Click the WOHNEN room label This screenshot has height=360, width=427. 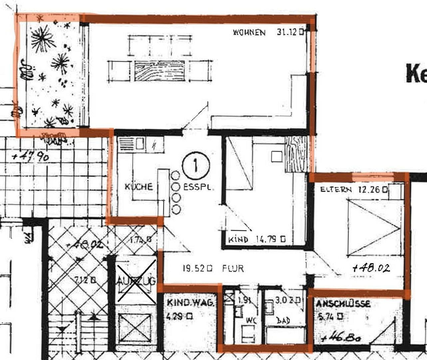point(249,32)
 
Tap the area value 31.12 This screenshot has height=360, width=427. point(287,32)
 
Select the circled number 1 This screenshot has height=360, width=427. point(196,165)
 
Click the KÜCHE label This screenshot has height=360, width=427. point(139,187)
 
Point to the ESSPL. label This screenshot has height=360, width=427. point(197,187)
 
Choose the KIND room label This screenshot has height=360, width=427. point(238,239)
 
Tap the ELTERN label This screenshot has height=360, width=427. point(336,190)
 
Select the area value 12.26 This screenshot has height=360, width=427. point(369,189)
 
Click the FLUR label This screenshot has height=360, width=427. point(233,268)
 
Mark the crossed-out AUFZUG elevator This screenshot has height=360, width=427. point(136,282)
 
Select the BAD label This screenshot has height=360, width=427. point(283,321)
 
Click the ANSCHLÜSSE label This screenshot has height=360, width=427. point(343,304)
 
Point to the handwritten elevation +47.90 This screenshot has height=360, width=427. point(31,156)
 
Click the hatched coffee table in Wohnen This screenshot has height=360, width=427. point(160,71)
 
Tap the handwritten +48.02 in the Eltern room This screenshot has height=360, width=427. point(371,268)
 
